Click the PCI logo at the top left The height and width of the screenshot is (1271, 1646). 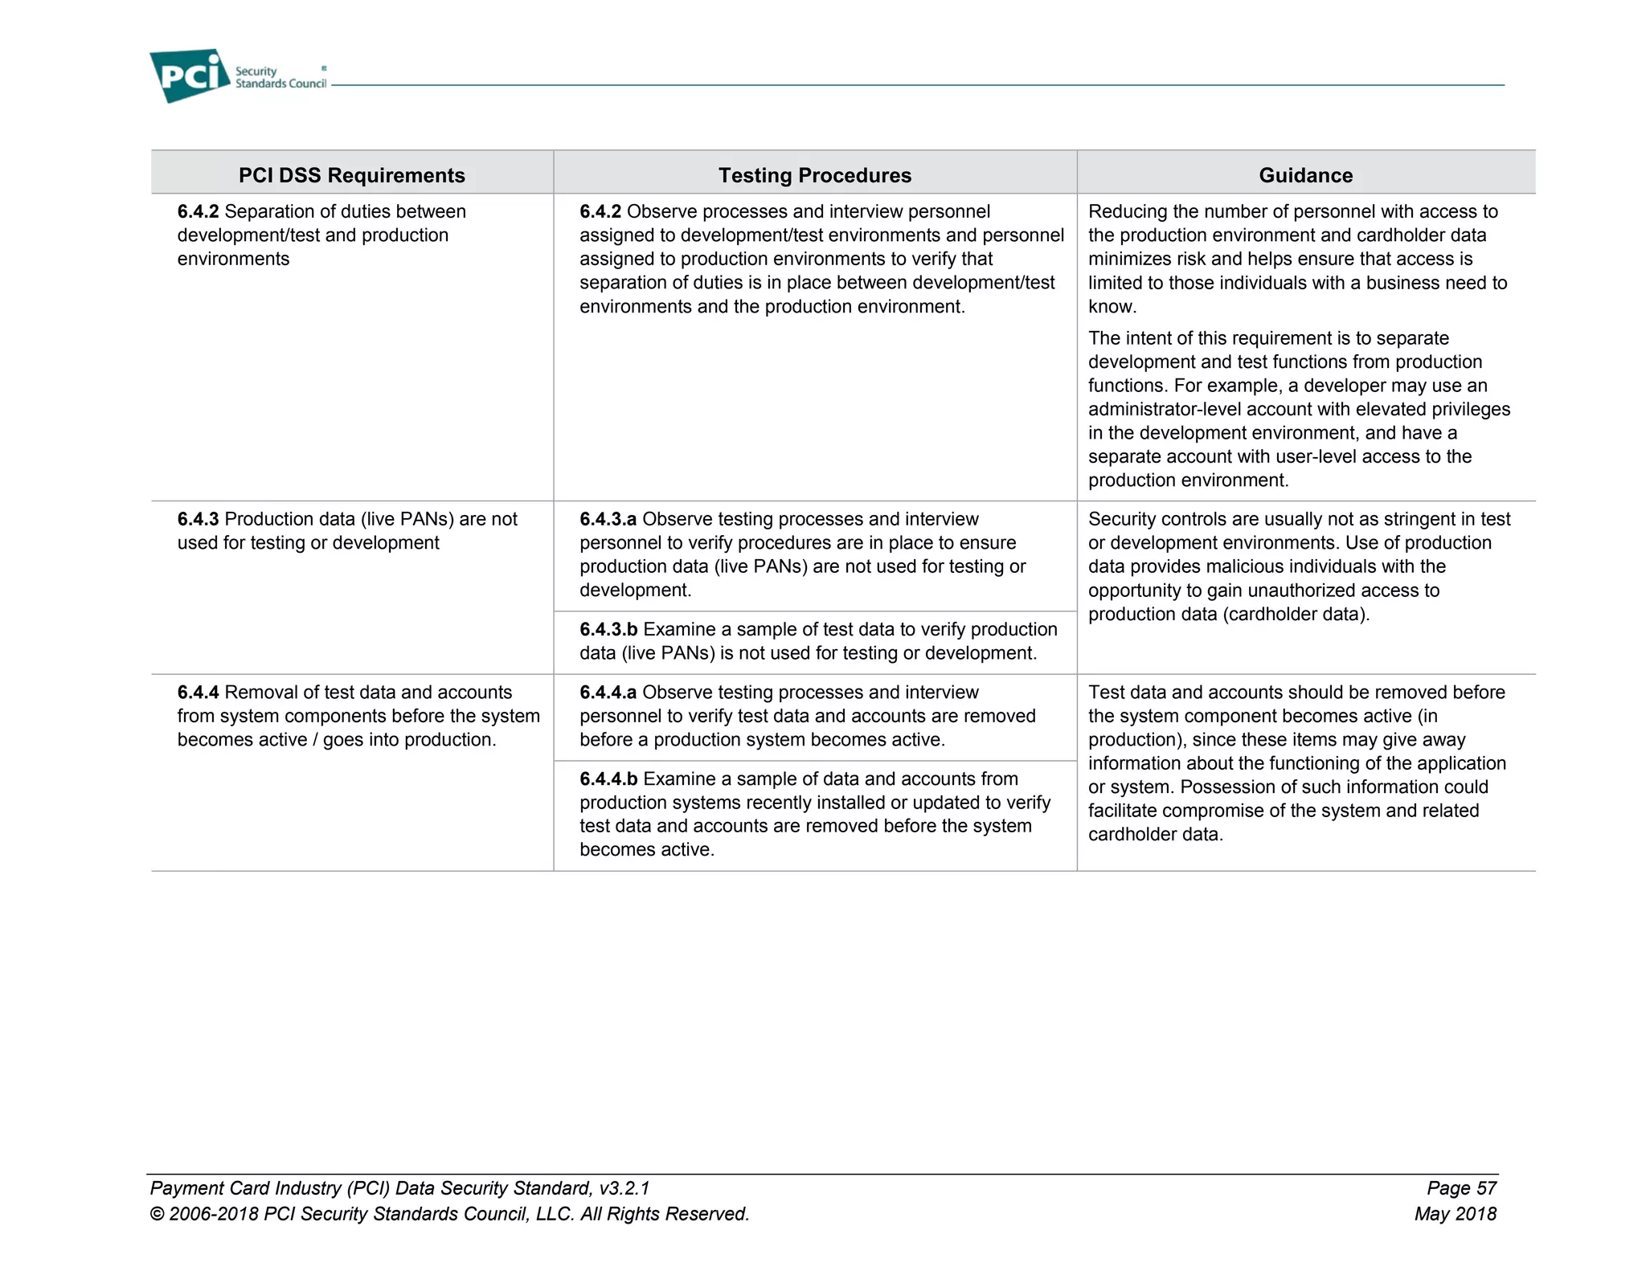190,76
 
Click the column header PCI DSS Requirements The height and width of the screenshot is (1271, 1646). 351,175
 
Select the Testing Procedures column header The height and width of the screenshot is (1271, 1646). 814,175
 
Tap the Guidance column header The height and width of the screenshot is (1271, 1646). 1305,175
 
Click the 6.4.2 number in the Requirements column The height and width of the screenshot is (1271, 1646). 198,211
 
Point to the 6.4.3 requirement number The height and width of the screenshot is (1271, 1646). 198,519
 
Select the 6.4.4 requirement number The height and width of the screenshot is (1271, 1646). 198,693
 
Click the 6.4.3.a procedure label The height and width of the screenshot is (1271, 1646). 608,519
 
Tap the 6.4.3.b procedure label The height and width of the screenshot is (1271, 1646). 608,630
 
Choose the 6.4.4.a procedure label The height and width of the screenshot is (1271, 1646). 608,693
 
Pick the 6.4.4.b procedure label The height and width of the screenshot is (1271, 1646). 608,779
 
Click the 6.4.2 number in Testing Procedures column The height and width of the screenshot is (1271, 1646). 600,211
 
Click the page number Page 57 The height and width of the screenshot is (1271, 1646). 1461,1188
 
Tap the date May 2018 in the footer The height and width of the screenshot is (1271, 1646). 1455,1214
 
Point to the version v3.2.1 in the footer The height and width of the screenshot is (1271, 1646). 624,1188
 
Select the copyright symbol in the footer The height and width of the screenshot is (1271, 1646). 157,1215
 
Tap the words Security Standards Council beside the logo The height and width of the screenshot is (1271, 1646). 280,78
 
